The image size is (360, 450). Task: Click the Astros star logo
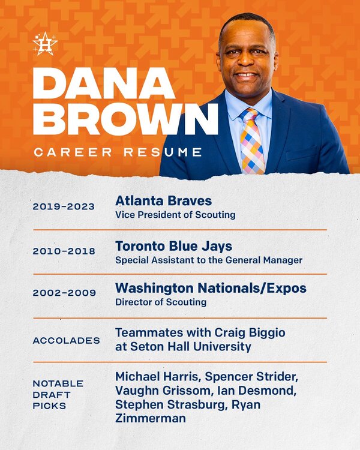[45, 44]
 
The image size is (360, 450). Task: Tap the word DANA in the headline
[104, 83]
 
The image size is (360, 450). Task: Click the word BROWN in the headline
[125, 119]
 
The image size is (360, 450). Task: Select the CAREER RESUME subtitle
[118, 152]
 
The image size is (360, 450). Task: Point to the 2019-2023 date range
[64, 206]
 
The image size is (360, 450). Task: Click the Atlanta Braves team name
[163, 200]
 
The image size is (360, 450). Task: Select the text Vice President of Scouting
[175, 215]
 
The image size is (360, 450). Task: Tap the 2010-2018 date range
[64, 251]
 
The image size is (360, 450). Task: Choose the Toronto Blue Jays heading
[173, 246]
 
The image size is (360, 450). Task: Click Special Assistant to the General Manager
[209, 260]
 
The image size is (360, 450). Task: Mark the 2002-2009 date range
[64, 293]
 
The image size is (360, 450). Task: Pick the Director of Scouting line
[161, 302]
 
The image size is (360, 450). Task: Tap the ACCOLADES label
[67, 341]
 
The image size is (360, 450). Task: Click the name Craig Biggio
[250, 333]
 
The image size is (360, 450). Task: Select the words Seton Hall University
[191, 347]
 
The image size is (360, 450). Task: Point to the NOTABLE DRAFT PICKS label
[58, 395]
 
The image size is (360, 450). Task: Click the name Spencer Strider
[251, 377]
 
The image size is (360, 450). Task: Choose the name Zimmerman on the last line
[151, 418]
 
